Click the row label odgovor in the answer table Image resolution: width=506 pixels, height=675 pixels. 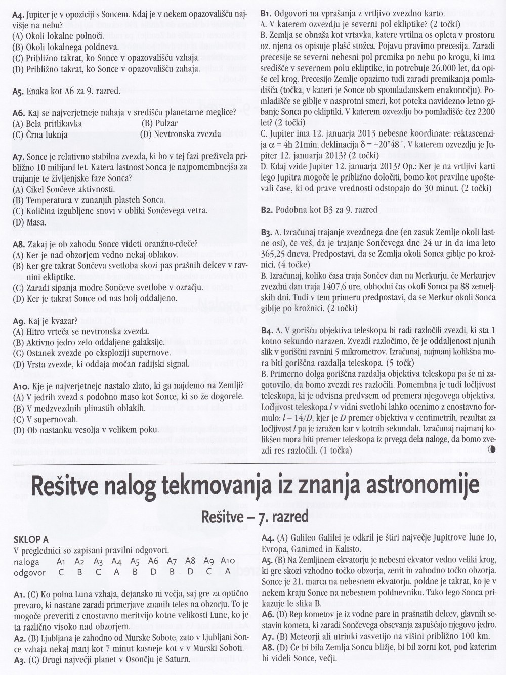click(30, 573)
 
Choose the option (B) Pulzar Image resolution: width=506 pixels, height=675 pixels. click(159, 123)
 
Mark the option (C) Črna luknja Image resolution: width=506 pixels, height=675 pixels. click(40, 134)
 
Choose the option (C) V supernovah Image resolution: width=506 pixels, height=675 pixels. click(45, 419)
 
